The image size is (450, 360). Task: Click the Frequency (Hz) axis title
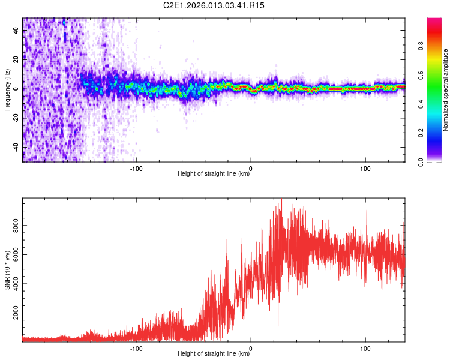(7, 89)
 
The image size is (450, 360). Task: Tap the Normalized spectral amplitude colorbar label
(445, 90)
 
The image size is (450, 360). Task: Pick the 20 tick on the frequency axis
(17, 60)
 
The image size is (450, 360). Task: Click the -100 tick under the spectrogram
(136, 168)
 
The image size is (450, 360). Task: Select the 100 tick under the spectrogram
(365, 168)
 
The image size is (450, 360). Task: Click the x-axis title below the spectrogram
(214, 174)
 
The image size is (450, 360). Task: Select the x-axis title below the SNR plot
(214, 354)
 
